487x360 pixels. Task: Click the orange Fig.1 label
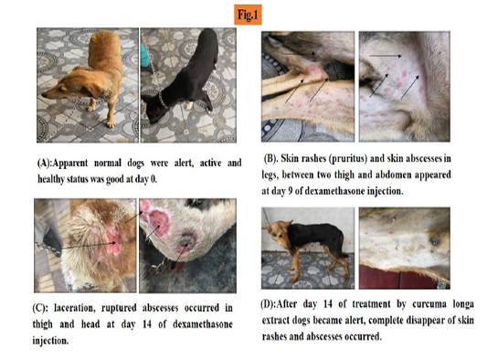click(248, 15)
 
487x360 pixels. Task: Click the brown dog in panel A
click(87, 78)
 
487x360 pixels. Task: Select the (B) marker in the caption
click(270, 159)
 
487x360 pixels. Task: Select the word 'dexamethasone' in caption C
click(203, 324)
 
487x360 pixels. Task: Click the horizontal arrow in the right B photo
click(386, 56)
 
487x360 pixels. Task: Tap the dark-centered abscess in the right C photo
click(187, 241)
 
